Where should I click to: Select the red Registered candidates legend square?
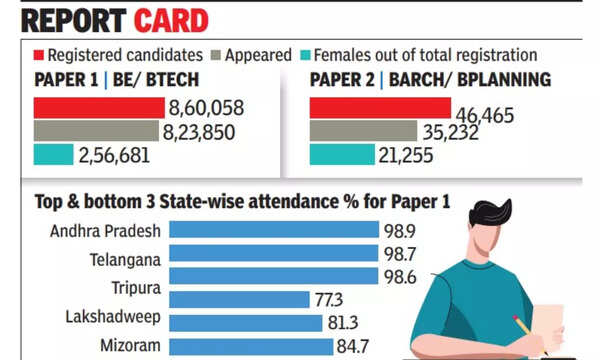click(41, 55)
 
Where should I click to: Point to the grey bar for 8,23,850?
click(96, 131)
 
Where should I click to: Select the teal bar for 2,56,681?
click(53, 155)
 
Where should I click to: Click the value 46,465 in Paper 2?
click(485, 116)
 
